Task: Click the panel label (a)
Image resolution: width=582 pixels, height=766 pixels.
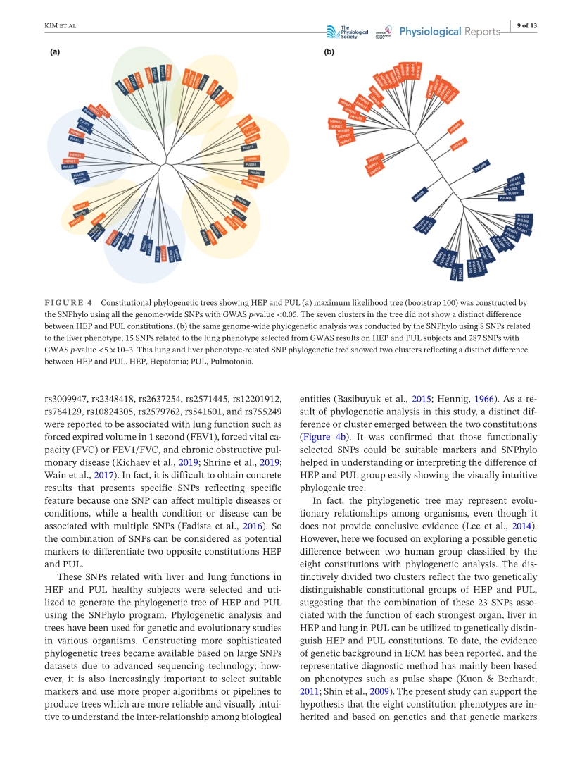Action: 54,51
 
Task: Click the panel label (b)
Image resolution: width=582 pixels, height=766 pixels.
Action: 329,51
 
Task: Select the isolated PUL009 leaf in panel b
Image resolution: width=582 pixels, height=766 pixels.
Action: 481,167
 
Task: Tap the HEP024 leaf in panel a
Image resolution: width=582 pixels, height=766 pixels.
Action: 75,154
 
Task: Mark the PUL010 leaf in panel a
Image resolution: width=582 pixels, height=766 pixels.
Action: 253,165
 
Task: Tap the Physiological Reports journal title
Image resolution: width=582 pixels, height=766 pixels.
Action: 440,31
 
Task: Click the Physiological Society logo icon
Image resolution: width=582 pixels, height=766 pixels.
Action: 333,31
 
